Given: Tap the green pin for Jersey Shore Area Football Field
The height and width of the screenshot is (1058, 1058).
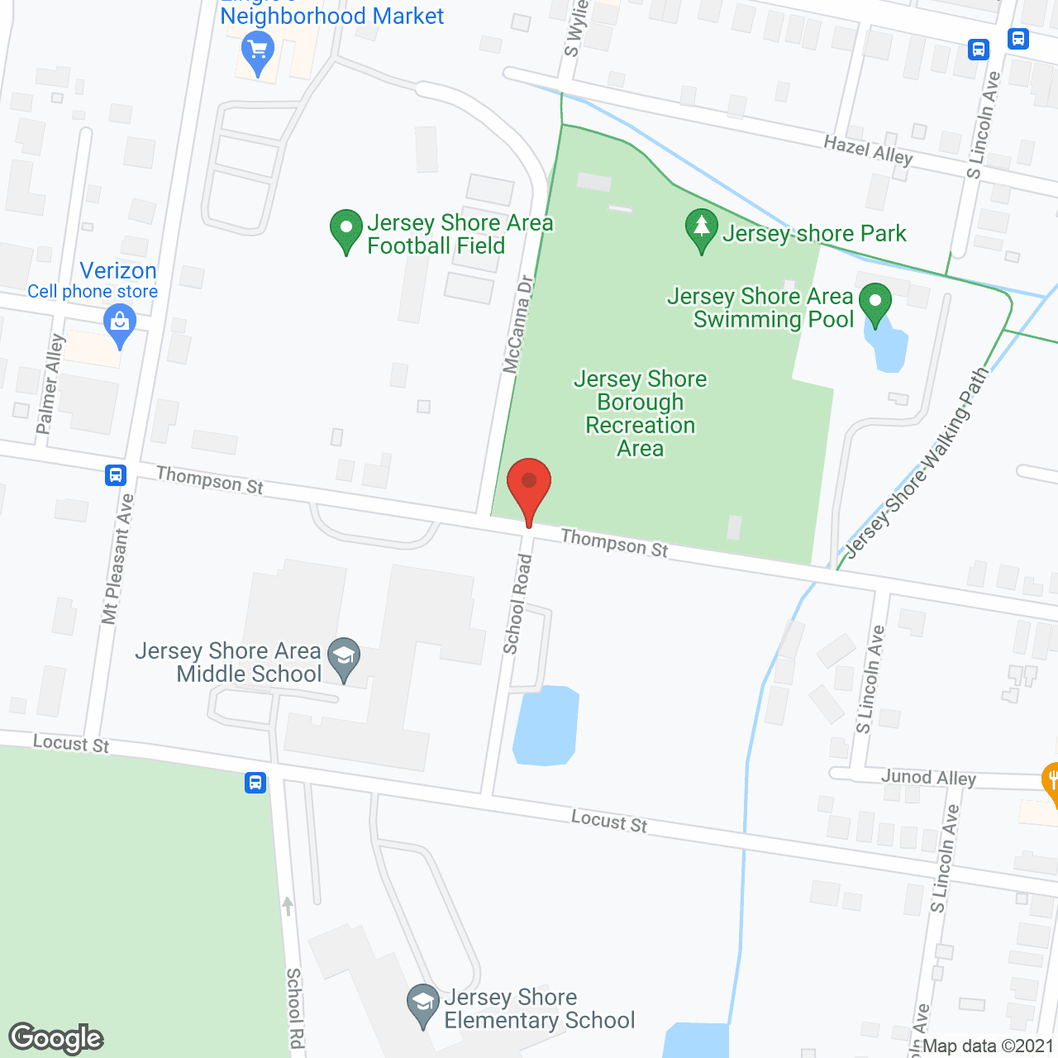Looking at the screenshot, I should coord(346,231).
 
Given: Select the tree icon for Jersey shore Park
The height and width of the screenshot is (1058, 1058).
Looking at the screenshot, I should coord(702,229).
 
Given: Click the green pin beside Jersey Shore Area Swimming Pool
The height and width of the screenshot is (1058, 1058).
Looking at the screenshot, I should coord(875,303).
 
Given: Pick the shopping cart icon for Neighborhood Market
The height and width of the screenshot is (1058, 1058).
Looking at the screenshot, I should coord(258,52).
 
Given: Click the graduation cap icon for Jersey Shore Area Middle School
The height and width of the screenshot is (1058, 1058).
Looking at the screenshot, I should coord(344,659).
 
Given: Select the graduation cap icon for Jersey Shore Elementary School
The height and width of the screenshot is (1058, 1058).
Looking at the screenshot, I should coord(423,1005).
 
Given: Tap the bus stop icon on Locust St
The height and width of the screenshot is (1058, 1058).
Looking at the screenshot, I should coord(255,782).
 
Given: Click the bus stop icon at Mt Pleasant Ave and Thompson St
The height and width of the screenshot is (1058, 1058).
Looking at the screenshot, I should coord(115,475).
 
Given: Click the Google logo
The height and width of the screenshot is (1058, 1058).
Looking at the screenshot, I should coord(56,1038).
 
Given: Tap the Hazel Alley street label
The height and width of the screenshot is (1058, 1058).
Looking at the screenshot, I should coord(868,150).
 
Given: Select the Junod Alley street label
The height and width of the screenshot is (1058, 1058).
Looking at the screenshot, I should coord(928,777).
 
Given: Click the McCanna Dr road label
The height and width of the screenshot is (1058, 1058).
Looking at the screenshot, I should coord(518,324).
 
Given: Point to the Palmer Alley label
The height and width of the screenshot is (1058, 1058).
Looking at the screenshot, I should coord(50,384).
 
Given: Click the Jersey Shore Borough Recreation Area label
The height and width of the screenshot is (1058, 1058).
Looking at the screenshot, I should coord(641,413).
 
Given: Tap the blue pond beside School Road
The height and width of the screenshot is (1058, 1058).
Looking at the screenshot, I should coord(546,726).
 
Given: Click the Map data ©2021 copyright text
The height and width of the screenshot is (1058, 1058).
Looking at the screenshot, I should coord(988,1046).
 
